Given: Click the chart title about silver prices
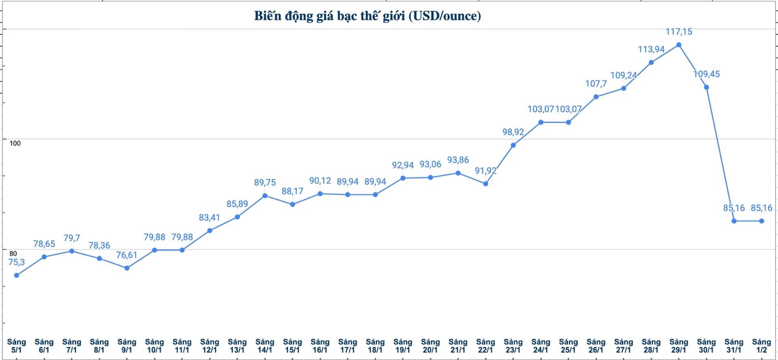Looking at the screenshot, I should coord(368,16).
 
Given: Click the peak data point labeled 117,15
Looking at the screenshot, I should coord(679,45).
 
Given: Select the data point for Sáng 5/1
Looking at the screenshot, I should coord(17,275).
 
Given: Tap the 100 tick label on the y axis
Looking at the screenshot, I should coord(15,143).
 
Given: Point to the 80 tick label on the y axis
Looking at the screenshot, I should coord(13,253).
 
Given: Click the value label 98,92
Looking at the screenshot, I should coord(513,132).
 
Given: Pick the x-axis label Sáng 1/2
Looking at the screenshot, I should coord(761,346).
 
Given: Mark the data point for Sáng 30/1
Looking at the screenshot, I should coord(706,87).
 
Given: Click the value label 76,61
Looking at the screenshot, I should coord(127,255).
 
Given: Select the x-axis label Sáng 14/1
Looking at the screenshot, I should coord(265,346).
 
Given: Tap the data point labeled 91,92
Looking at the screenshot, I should coord(486,184).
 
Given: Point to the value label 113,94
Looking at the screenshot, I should coord(651,49).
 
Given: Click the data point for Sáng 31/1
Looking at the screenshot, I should coord(734,221).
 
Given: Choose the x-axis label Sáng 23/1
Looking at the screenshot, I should coord(513,346).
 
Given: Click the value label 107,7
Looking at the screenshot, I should coord(596,84).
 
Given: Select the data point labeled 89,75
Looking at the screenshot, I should coord(265,196).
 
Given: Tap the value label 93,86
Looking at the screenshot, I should coord(458,160).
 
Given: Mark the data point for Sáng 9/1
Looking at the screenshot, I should coord(127,268).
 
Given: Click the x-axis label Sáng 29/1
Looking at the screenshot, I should coord(679,346).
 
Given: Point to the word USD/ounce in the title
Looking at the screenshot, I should coord(445,16).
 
